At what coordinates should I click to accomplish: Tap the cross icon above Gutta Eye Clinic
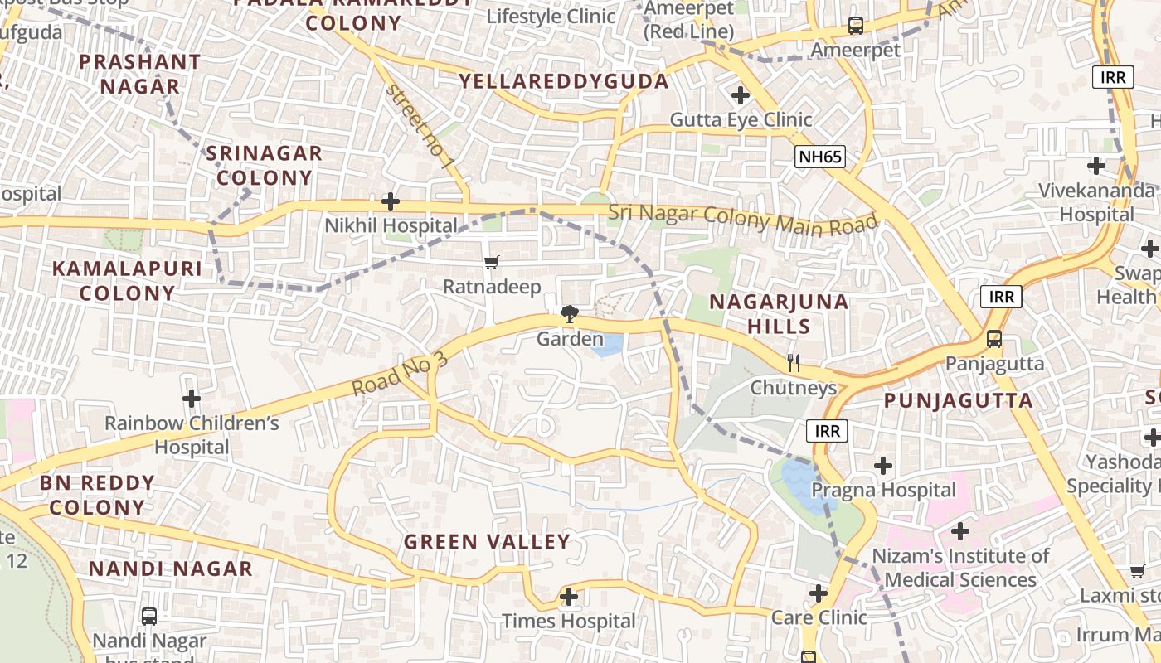point(741,95)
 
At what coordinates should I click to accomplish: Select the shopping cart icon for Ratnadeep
point(492,263)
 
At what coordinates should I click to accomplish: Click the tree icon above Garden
point(569,314)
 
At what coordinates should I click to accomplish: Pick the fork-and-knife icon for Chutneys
point(794,362)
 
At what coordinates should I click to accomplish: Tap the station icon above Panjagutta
point(993,338)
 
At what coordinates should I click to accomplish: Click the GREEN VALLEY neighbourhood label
point(487,542)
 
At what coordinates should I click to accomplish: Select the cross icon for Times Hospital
point(569,596)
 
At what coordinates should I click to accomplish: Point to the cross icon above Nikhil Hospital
point(391,201)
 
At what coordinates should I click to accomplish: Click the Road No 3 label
point(400,374)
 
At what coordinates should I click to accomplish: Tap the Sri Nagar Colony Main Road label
point(743,219)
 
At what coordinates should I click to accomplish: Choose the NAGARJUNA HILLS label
point(779,313)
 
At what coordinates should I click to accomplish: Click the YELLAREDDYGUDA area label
point(564,81)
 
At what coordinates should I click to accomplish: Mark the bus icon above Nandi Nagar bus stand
point(149,616)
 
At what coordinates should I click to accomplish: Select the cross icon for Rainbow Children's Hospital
point(192,399)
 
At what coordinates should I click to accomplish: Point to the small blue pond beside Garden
point(608,345)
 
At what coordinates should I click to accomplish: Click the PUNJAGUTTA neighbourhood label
point(958,401)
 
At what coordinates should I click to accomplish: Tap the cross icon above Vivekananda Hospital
point(1096,166)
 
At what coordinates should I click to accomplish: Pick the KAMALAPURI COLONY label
point(127,280)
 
